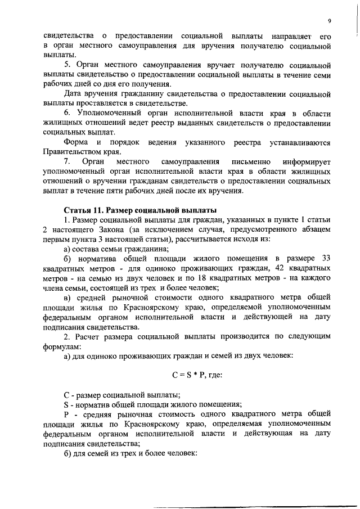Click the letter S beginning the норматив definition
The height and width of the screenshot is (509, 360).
[x=66, y=404]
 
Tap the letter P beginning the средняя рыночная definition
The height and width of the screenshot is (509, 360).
[x=66, y=414]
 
